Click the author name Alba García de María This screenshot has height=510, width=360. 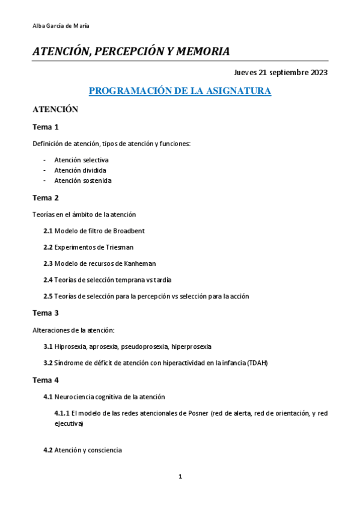coord(61,26)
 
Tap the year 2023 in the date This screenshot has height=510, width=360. coord(319,73)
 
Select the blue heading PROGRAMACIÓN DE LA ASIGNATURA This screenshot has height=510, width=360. coord(180,91)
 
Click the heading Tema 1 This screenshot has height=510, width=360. coord(45,127)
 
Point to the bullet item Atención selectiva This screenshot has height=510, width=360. coord(81,160)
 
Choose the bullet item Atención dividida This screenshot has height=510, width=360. coord(80,170)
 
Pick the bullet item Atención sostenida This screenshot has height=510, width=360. coord(82,180)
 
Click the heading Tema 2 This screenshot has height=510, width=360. coord(45,197)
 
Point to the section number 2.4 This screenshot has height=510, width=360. coord(48,280)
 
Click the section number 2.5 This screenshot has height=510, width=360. coord(48,296)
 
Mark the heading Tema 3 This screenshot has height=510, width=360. coord(45,313)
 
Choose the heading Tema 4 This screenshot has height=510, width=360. coord(45,380)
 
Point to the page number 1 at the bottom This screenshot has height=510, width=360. coord(180,477)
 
